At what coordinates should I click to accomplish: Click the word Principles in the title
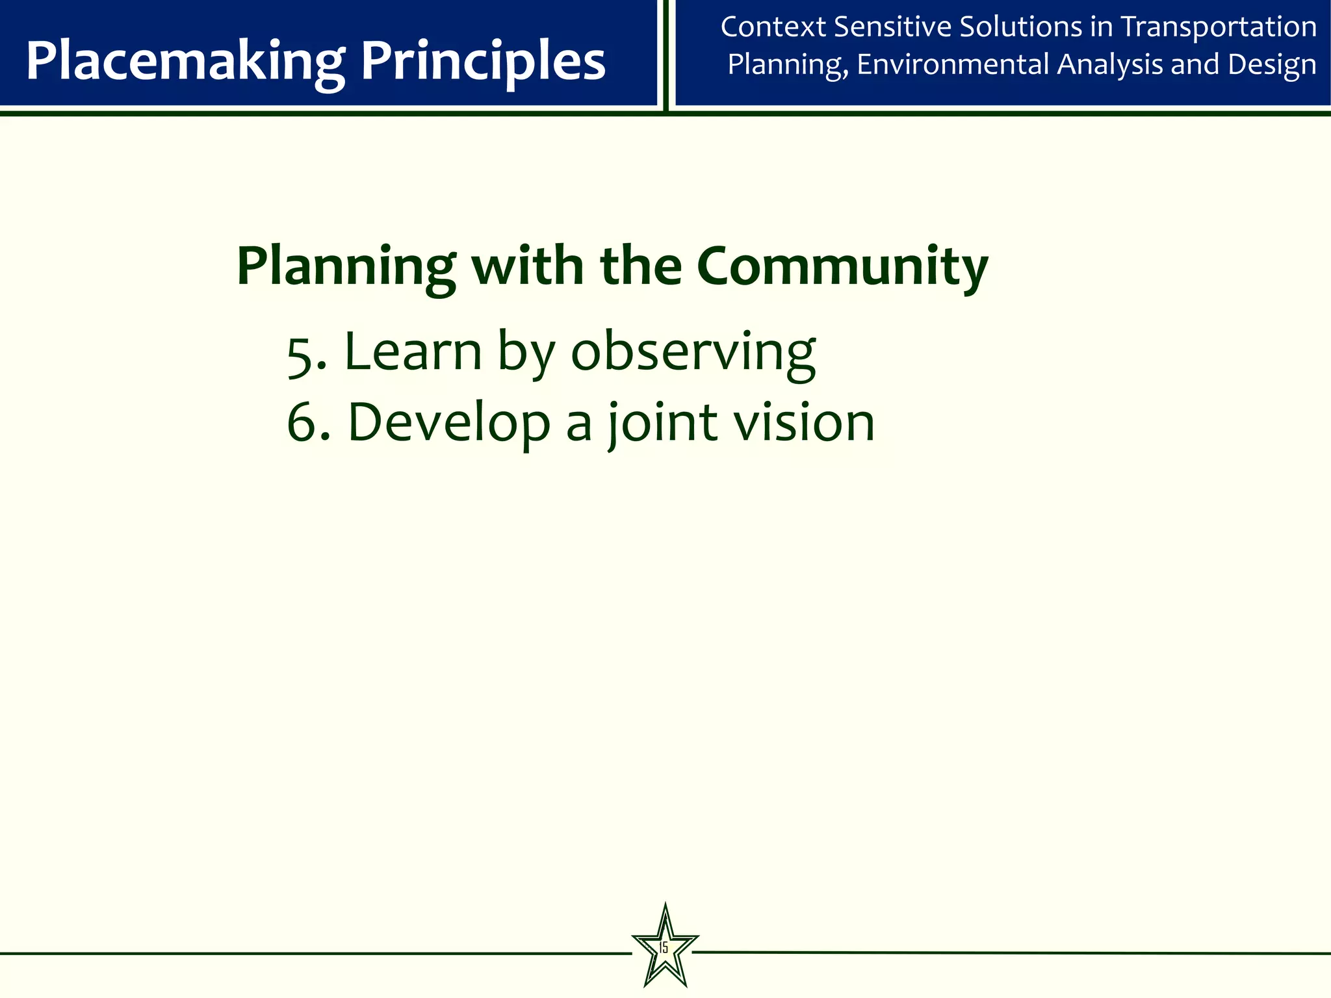(x=483, y=62)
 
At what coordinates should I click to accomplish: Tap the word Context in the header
(x=773, y=27)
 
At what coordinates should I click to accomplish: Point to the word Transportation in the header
(x=1219, y=27)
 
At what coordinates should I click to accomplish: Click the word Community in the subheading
(x=842, y=266)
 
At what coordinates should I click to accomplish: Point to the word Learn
(x=413, y=352)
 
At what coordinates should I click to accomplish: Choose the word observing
(x=693, y=352)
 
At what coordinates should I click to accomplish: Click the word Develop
(x=448, y=424)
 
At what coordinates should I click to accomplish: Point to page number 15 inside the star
(x=664, y=947)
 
